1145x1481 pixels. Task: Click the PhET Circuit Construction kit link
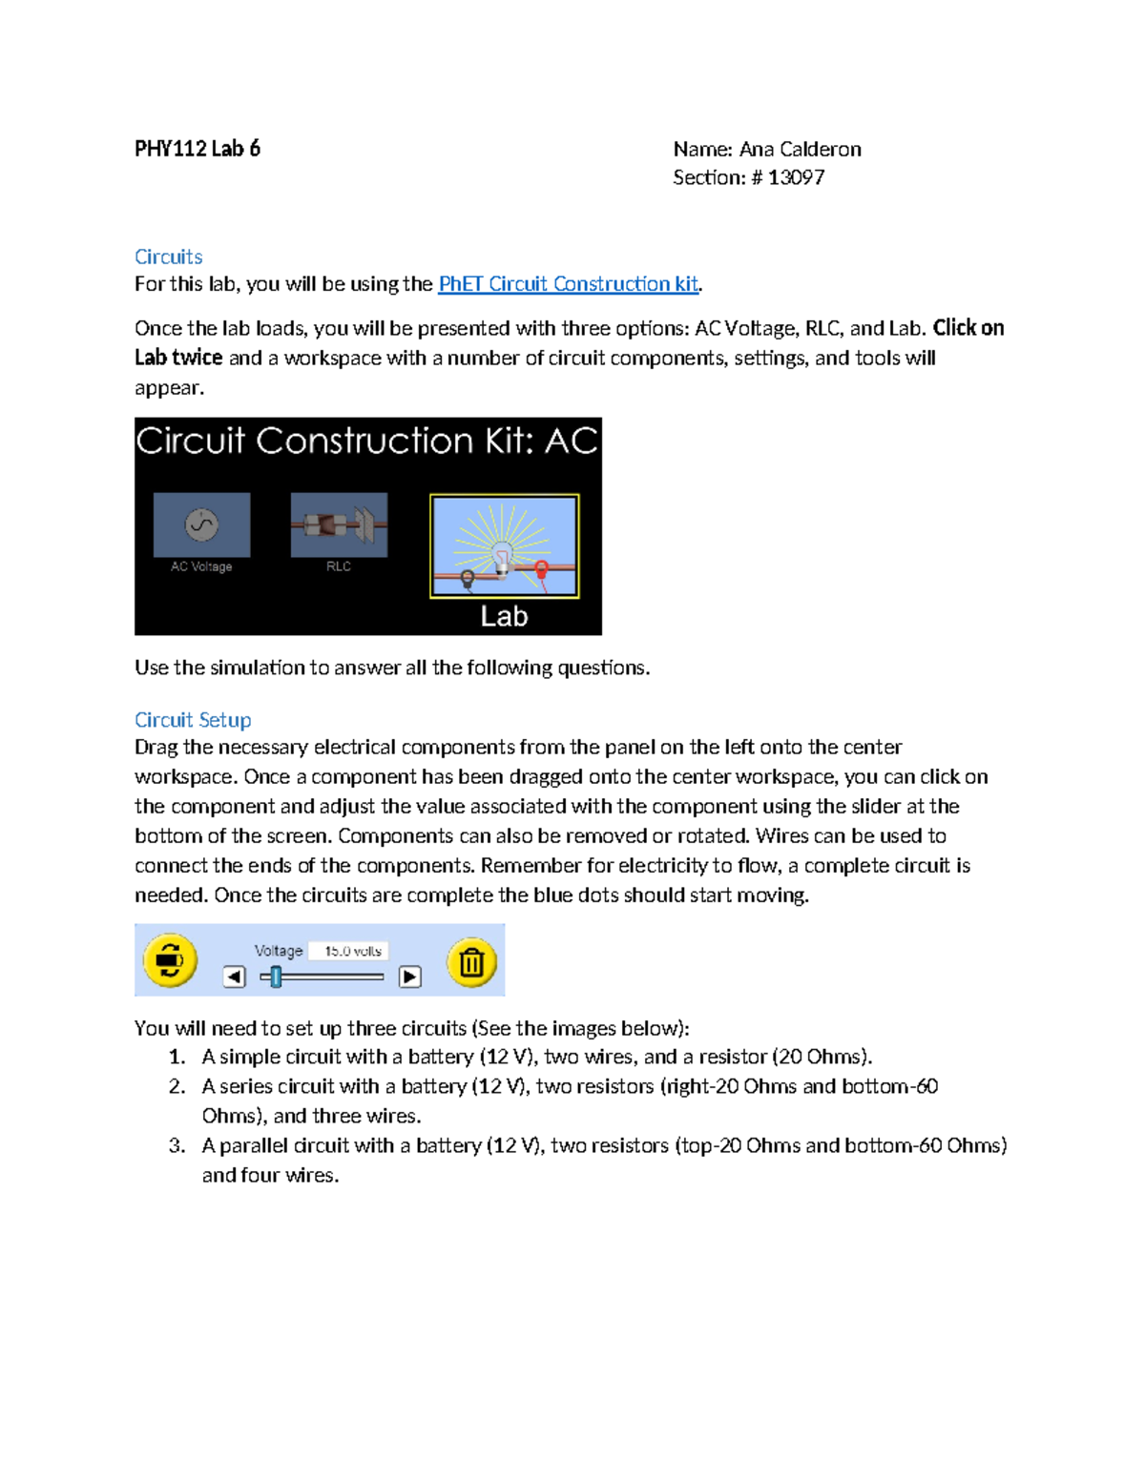coord(568,284)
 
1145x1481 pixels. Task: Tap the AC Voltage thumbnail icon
coord(201,525)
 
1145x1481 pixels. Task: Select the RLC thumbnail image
coord(339,525)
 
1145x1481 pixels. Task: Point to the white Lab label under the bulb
coord(504,616)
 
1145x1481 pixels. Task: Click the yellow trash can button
coord(471,961)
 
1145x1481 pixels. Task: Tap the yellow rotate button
coord(170,959)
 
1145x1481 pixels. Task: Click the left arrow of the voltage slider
coord(235,977)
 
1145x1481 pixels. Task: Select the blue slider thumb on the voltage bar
coord(276,977)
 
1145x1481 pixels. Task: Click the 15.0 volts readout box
coord(352,951)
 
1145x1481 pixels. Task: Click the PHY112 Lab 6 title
coord(198,149)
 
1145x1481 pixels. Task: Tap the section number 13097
coord(796,177)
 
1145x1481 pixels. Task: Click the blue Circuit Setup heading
coord(193,720)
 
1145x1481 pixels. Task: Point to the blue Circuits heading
coord(168,257)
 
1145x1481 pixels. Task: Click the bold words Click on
coord(968,328)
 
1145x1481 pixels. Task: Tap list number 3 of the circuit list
coord(177,1145)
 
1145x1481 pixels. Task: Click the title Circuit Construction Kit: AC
coord(367,442)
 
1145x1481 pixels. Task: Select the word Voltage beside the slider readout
coord(278,951)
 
